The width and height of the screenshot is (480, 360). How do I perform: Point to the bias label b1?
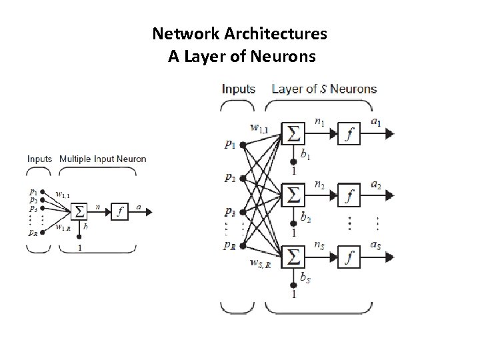305,155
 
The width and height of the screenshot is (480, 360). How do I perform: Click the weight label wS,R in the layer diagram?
260,265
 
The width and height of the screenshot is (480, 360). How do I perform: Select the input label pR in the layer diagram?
229,245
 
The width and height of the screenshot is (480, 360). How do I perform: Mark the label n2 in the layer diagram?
320,185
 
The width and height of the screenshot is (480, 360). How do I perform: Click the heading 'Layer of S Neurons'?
324,89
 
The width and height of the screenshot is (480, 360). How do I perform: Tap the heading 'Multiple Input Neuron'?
103,159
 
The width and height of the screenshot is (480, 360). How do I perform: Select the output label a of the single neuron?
139,207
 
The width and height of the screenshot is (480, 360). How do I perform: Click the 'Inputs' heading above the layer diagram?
239,89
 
